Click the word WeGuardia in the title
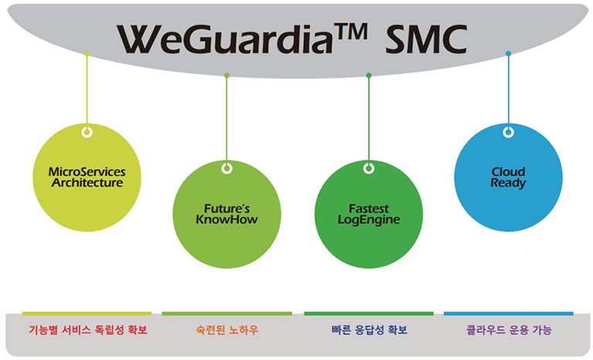coord(225,39)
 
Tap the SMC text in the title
coord(426,39)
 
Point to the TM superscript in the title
coord(350,32)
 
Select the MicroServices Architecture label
coord(87,177)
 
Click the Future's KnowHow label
coord(227,214)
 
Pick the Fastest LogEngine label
coord(369,214)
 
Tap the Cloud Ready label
coord(508,177)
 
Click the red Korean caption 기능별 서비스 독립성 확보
coord(87,330)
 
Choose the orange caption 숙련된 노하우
coord(227,330)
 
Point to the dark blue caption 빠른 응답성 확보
coord(369,330)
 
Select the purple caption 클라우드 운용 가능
coord(509,330)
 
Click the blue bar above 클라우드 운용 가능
coord(509,314)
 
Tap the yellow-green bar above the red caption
coord(87,314)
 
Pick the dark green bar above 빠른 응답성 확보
coord(369,314)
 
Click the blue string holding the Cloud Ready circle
coord(508,90)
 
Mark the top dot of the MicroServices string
coord(87,53)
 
